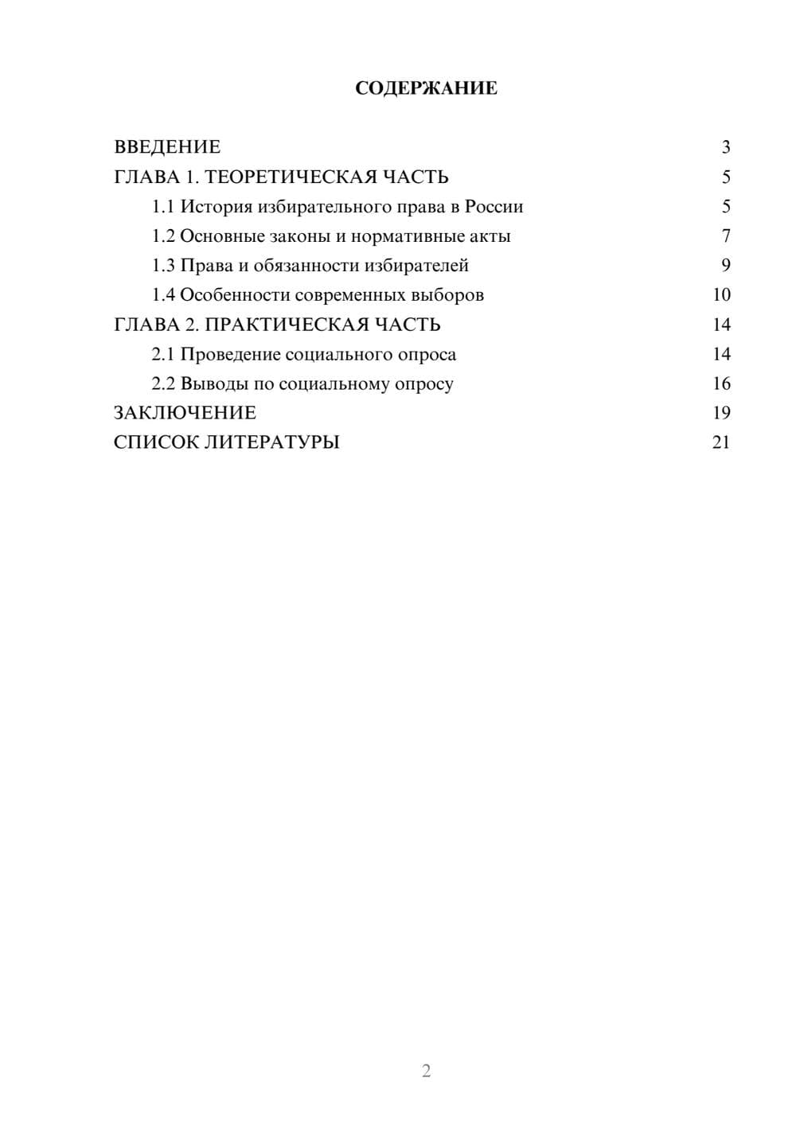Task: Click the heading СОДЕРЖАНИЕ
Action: point(426,88)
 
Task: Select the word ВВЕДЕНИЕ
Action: point(167,147)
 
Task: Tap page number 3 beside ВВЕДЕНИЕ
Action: point(725,147)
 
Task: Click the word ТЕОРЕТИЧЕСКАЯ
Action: point(291,177)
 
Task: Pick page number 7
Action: point(725,236)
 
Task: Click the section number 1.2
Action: point(163,236)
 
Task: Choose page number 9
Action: point(725,266)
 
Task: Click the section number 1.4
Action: point(163,295)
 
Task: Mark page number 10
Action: point(721,295)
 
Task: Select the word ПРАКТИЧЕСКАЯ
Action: point(283,325)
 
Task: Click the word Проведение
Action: point(230,354)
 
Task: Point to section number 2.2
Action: point(163,383)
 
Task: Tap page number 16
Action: point(721,383)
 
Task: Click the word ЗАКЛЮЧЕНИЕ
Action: point(185,413)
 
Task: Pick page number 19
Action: point(721,413)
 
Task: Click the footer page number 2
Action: point(426,1071)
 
